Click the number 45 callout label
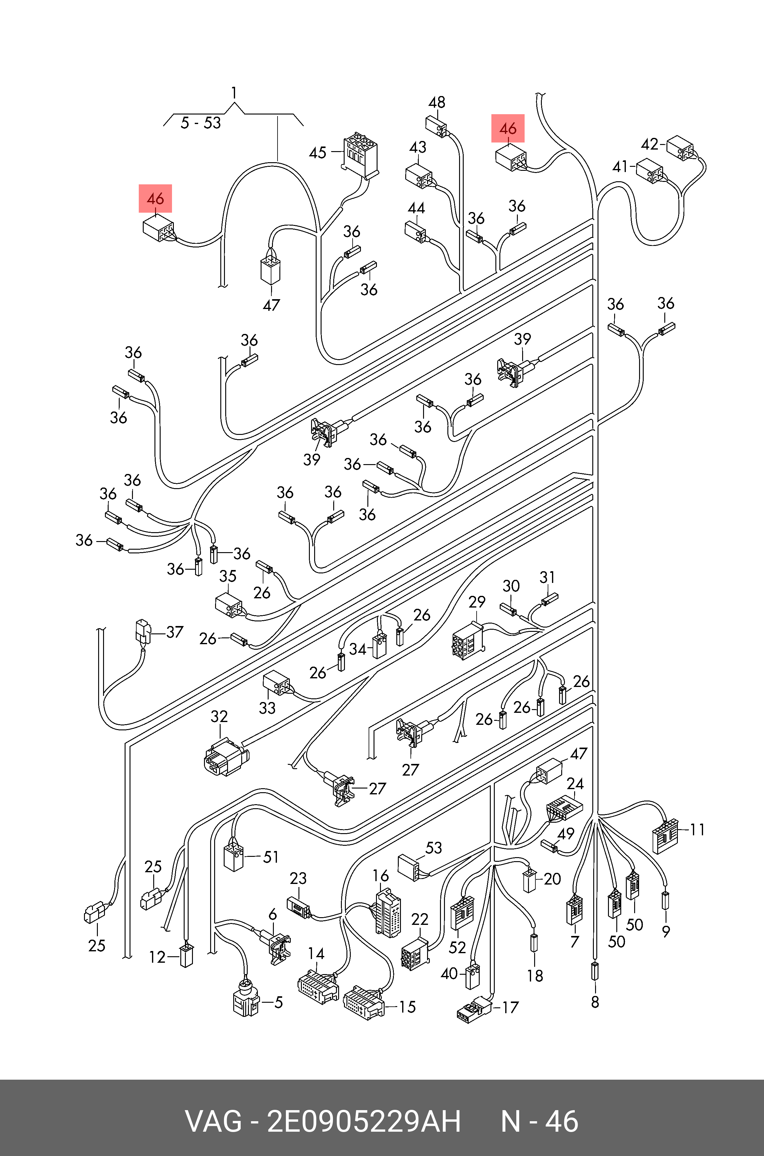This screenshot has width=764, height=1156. (317, 153)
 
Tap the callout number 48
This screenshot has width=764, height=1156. (437, 102)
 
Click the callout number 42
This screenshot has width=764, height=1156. (650, 144)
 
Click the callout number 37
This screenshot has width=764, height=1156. (174, 632)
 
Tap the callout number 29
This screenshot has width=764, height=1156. (477, 602)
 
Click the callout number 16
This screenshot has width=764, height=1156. (381, 876)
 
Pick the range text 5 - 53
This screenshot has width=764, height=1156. (200, 123)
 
